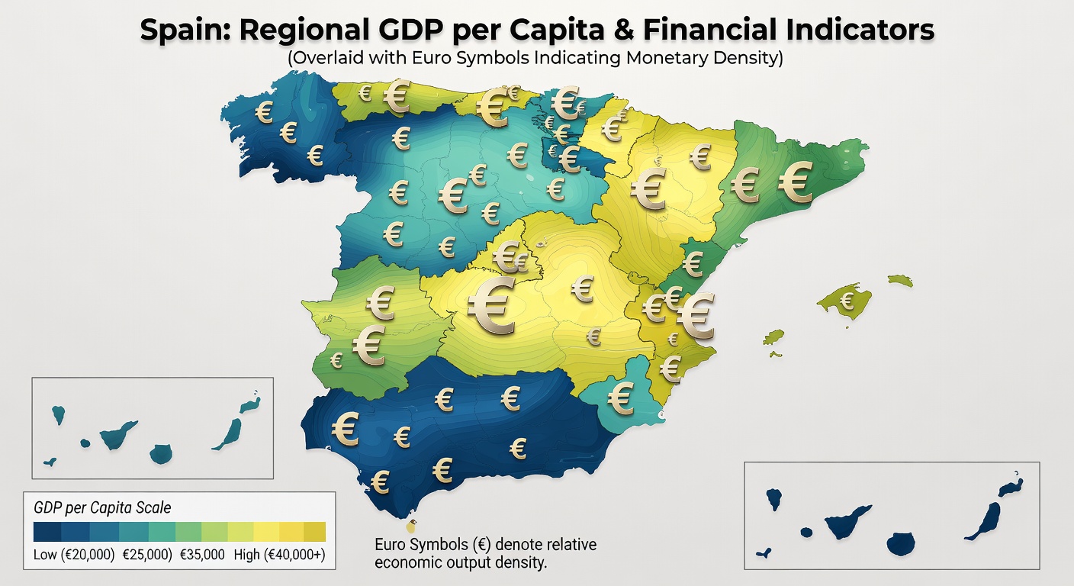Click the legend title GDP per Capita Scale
(103, 507)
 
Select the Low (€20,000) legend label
(74, 555)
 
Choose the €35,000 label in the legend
(202, 555)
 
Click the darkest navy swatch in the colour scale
(47, 531)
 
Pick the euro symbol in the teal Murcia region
(622, 397)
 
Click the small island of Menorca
(900, 280)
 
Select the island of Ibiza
(773, 336)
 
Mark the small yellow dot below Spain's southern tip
(412, 526)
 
